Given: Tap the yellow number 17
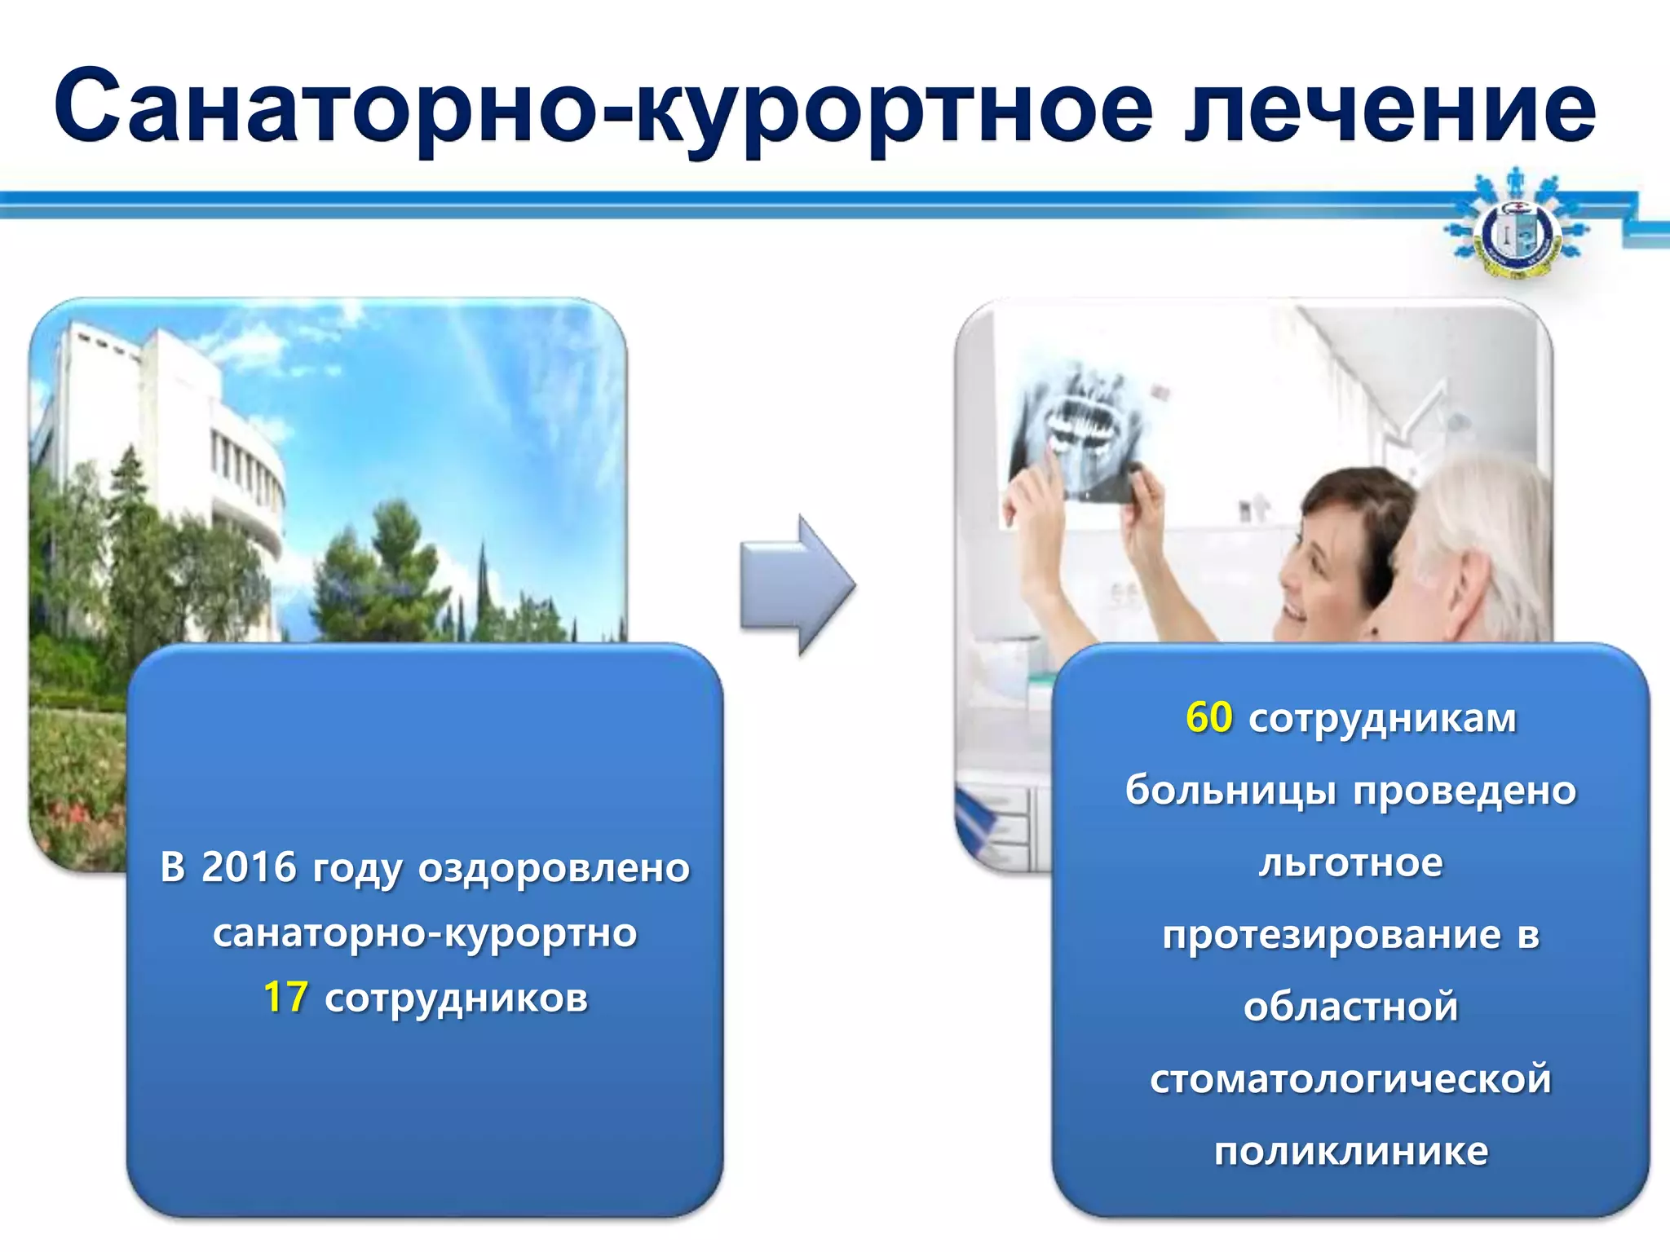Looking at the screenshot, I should point(285,998).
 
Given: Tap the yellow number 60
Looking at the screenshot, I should point(1208,718).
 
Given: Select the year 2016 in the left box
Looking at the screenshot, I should point(249,867).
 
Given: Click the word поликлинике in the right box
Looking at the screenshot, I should point(1351,1152).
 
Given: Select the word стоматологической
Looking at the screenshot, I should point(1350,1079).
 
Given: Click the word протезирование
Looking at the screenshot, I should point(1331,935).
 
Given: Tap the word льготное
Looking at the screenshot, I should point(1350,862).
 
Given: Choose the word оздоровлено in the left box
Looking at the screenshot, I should point(554,867).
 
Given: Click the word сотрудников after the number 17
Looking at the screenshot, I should point(456,998).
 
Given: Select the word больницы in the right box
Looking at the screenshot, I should point(1230,791).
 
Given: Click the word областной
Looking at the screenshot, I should point(1350,1007).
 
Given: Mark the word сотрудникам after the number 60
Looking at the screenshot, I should point(1382,718).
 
